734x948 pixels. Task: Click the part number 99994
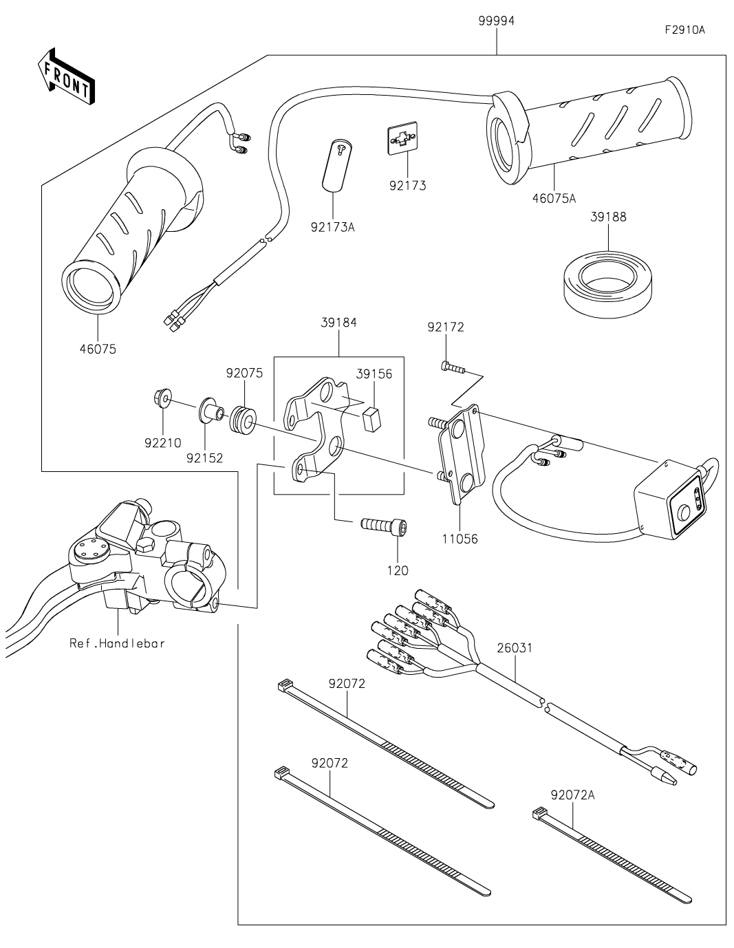(x=496, y=21)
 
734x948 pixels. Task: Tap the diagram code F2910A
(x=684, y=30)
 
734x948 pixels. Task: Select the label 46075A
(x=554, y=199)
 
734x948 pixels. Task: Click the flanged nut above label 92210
(x=162, y=398)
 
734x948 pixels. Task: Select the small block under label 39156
(x=372, y=418)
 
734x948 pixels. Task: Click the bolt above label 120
(x=384, y=524)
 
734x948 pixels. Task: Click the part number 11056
(x=460, y=539)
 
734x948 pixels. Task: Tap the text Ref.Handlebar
(x=118, y=643)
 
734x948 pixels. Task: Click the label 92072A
(x=572, y=795)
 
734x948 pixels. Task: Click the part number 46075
(x=98, y=349)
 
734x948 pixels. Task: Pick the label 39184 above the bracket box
(x=339, y=323)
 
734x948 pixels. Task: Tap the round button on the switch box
(x=683, y=510)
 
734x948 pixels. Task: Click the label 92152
(x=204, y=458)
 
